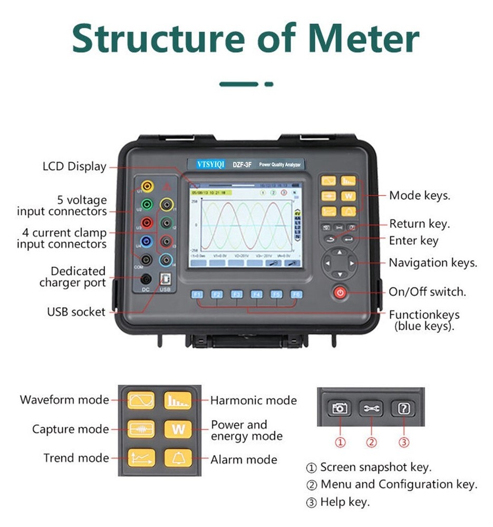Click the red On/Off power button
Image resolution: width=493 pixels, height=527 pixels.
pos(340,293)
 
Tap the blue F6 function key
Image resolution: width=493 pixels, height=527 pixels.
pos(297,294)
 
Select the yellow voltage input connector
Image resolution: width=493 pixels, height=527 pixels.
pos(148,186)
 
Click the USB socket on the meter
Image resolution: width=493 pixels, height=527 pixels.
pos(165,279)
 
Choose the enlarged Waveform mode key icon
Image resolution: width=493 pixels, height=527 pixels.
pos(141,400)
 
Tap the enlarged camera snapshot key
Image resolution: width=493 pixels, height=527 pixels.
pos(340,408)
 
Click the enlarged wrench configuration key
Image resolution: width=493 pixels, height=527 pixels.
pos(372,408)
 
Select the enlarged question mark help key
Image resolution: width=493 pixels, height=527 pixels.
pos(403,408)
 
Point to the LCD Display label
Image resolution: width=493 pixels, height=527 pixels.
pos(74,167)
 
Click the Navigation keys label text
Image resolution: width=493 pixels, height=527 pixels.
pos(433,262)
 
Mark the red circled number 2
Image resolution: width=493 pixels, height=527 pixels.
pos(372,442)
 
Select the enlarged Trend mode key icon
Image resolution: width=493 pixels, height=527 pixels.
pos(141,457)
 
